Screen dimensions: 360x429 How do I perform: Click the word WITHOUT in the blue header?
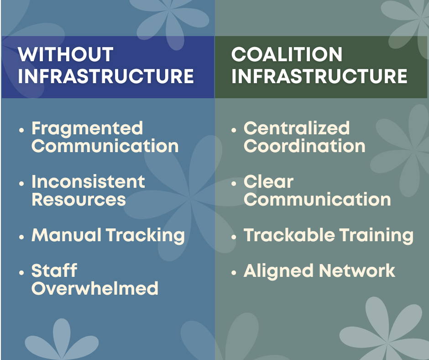(65, 55)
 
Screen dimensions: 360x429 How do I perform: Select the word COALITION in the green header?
(287, 55)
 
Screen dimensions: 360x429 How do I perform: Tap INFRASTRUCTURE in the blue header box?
(106, 76)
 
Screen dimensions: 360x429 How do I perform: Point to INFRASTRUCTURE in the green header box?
(319, 76)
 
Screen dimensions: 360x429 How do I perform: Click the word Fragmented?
(87, 128)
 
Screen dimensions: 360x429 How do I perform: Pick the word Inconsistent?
(88, 182)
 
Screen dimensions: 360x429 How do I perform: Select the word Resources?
(78, 200)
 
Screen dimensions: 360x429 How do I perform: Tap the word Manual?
(67, 235)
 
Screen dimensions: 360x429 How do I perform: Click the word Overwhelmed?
(95, 289)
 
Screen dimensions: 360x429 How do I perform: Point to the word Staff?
(54, 271)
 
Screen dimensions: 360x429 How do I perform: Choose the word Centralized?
(297, 128)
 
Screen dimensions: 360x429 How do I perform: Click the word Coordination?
(304, 146)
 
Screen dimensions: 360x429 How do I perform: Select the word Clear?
(268, 182)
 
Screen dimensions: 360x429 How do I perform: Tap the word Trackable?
(283, 235)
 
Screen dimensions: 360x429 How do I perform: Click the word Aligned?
(278, 271)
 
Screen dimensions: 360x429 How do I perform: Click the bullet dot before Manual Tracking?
(21, 237)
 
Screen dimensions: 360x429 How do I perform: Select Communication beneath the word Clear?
(317, 200)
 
